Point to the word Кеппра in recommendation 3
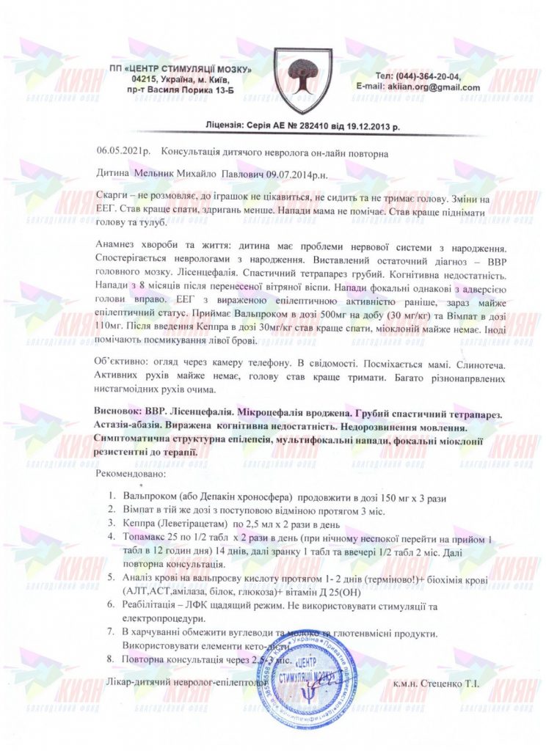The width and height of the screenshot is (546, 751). (140, 524)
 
